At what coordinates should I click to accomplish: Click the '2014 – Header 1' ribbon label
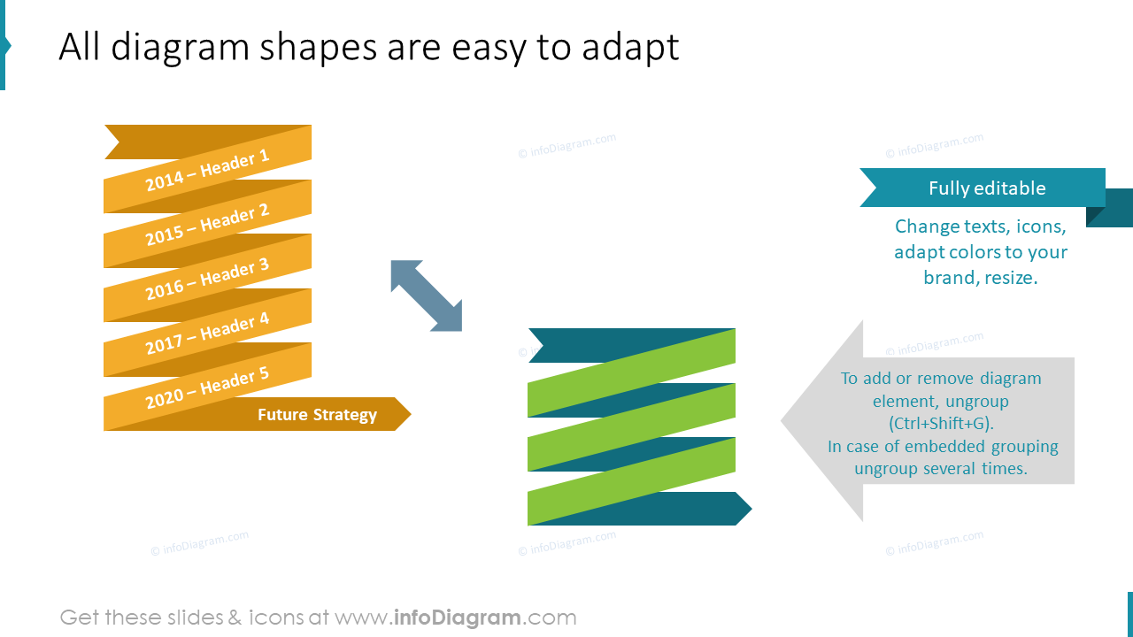pyautogui.click(x=207, y=171)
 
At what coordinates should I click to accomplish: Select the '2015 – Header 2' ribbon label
pyautogui.click(x=207, y=225)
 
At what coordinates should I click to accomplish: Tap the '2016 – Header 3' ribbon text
pyautogui.click(x=207, y=280)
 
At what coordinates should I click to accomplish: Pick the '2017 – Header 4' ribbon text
pyautogui.click(x=207, y=334)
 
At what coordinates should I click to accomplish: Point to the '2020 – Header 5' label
pyautogui.click(x=207, y=388)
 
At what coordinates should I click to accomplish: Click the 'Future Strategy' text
pyautogui.click(x=317, y=414)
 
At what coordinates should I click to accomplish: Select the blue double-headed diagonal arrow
pyautogui.click(x=427, y=295)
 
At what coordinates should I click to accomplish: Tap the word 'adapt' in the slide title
pyautogui.click(x=629, y=47)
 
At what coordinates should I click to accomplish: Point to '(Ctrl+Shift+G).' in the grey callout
pyautogui.click(x=941, y=423)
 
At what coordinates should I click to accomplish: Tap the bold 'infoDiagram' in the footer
pyautogui.click(x=457, y=617)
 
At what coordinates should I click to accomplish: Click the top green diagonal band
pyautogui.click(x=632, y=372)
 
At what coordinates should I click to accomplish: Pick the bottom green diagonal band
pyautogui.click(x=632, y=481)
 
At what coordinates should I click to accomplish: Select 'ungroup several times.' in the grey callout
pyautogui.click(x=941, y=468)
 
